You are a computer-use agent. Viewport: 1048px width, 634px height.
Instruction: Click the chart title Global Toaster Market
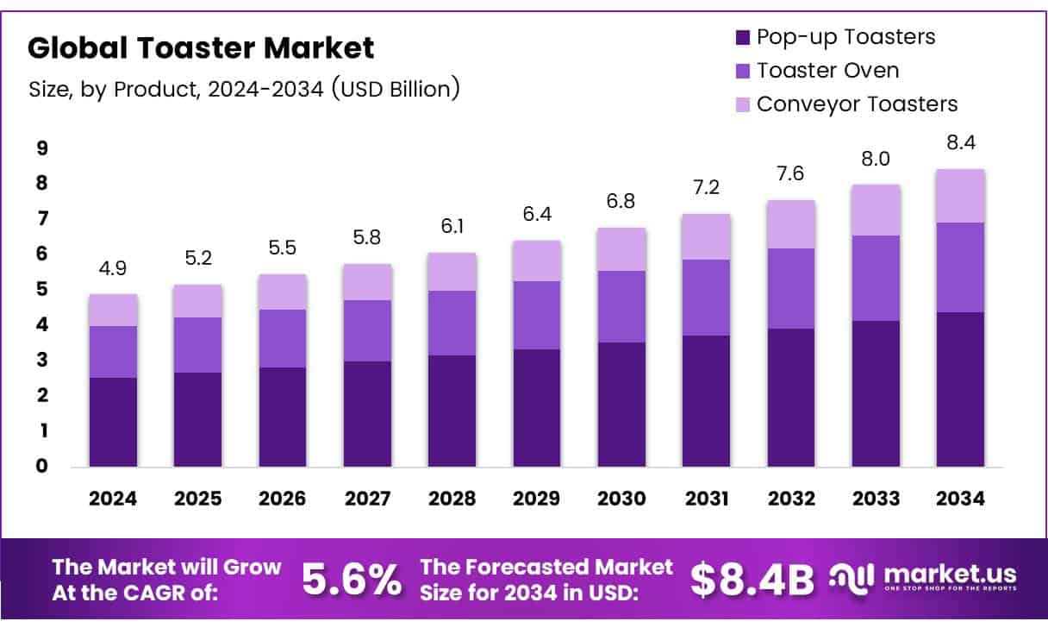tap(201, 48)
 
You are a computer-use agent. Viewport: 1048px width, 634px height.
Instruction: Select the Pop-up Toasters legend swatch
tap(743, 38)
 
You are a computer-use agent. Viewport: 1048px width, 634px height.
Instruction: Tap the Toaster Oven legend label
tap(827, 71)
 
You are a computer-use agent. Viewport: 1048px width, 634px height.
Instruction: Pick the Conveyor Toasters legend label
tap(857, 104)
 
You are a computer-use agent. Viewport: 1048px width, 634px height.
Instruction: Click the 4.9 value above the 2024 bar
tap(114, 268)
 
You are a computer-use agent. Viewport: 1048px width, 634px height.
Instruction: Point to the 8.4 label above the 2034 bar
tap(960, 142)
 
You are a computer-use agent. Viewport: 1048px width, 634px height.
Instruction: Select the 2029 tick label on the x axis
tap(536, 499)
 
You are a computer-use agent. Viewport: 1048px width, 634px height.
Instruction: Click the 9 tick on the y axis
tap(41, 148)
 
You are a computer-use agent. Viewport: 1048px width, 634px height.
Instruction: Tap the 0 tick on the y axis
tap(41, 467)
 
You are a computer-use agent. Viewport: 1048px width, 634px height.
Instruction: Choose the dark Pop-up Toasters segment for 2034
tap(960, 389)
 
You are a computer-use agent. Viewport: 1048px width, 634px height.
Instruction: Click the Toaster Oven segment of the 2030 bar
tap(621, 306)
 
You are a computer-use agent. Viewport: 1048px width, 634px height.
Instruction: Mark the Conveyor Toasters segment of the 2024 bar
tap(114, 310)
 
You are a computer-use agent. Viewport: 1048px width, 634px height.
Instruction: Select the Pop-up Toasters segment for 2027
tap(367, 414)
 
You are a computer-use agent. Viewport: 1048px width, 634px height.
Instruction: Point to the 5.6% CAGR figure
tap(351, 581)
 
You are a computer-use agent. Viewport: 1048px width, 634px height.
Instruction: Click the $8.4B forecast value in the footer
tap(752, 581)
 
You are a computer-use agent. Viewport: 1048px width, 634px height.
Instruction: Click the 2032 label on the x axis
tap(790, 499)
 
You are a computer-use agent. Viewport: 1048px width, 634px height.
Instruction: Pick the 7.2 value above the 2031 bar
tap(706, 188)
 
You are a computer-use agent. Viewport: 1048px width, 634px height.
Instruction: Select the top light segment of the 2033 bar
tap(876, 210)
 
